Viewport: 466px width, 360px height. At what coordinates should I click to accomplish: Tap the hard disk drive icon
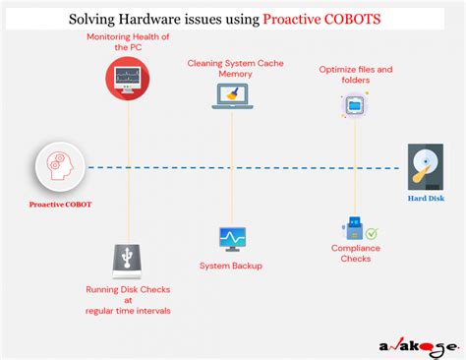tap(425, 166)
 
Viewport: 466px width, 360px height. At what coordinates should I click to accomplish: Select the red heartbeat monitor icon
tap(127, 78)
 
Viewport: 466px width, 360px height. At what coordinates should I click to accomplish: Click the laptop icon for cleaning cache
tap(231, 94)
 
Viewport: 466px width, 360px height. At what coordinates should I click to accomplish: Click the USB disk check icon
tap(127, 262)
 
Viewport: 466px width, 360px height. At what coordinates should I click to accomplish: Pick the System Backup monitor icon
tap(232, 238)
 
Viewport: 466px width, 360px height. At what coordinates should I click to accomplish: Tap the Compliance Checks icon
tap(356, 229)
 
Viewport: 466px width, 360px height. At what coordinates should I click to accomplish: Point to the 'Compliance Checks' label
tap(356, 255)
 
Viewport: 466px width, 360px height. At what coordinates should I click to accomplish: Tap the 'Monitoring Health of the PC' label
tap(127, 41)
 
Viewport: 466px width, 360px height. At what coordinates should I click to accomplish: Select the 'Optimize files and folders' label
tap(356, 75)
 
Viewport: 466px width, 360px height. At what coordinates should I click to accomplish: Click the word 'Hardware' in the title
tap(163, 17)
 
